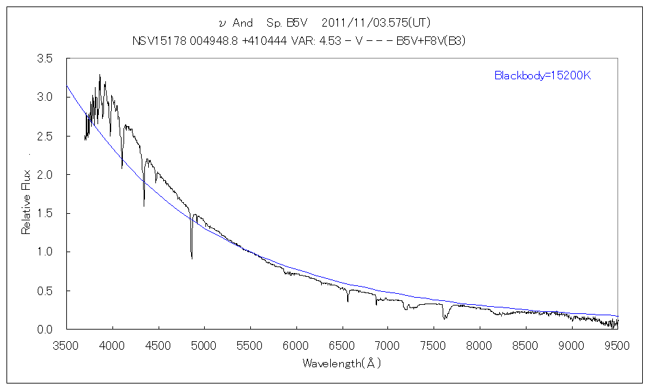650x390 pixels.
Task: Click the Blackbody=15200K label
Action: tap(542, 75)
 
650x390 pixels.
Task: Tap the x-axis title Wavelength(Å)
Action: tap(342, 364)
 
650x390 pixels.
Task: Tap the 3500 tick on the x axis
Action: tap(66, 345)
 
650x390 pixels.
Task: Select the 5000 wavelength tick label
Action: tap(204, 345)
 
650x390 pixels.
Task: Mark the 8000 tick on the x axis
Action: tap(480, 345)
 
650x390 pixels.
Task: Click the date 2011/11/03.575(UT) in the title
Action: tap(376, 23)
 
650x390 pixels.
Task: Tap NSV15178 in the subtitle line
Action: tap(153, 40)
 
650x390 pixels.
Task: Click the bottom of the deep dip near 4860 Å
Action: tap(192, 258)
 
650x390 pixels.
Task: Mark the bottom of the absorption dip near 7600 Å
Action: tap(445, 318)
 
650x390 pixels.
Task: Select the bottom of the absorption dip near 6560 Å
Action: tap(348, 302)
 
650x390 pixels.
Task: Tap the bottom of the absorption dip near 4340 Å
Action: tap(144, 206)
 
